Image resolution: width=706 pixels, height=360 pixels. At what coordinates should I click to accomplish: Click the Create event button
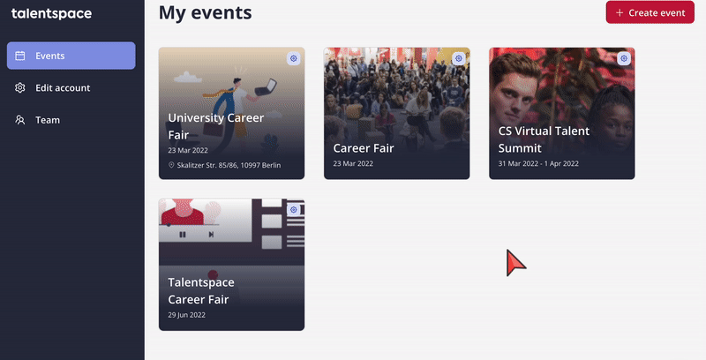point(650,12)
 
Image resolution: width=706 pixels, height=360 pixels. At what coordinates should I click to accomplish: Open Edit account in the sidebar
point(63,87)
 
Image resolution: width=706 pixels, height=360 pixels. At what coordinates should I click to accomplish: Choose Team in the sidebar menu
point(48,120)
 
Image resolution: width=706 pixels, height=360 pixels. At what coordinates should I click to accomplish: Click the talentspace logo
point(51,13)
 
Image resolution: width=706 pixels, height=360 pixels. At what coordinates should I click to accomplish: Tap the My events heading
point(206,12)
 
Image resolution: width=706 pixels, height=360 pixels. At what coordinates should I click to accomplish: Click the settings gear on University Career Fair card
point(294,58)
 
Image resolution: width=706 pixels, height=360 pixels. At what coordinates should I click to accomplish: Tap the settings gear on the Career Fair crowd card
point(458,58)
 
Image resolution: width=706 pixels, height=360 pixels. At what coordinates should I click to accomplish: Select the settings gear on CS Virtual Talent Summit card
point(624,58)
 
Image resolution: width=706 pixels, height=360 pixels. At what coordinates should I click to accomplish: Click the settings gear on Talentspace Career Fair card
point(294,210)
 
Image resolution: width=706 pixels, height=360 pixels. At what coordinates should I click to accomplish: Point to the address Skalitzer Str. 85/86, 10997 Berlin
point(229,165)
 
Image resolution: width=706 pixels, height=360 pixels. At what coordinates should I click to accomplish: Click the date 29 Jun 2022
point(186,315)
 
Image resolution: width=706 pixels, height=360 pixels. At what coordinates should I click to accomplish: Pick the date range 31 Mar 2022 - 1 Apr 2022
point(538,163)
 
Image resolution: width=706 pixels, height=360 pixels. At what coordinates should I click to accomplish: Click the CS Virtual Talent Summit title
point(544,139)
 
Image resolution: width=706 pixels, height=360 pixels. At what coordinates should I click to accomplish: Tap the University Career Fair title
point(215,126)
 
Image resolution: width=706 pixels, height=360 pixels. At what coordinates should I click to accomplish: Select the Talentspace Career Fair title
point(201,290)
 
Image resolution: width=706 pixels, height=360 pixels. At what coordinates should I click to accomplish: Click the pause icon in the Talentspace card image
point(183,235)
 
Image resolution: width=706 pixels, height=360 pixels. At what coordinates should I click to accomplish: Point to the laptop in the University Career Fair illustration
point(267,86)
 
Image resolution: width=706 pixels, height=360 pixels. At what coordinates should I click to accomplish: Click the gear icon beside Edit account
point(19,87)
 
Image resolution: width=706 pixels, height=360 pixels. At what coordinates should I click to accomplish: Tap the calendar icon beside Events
point(19,56)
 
